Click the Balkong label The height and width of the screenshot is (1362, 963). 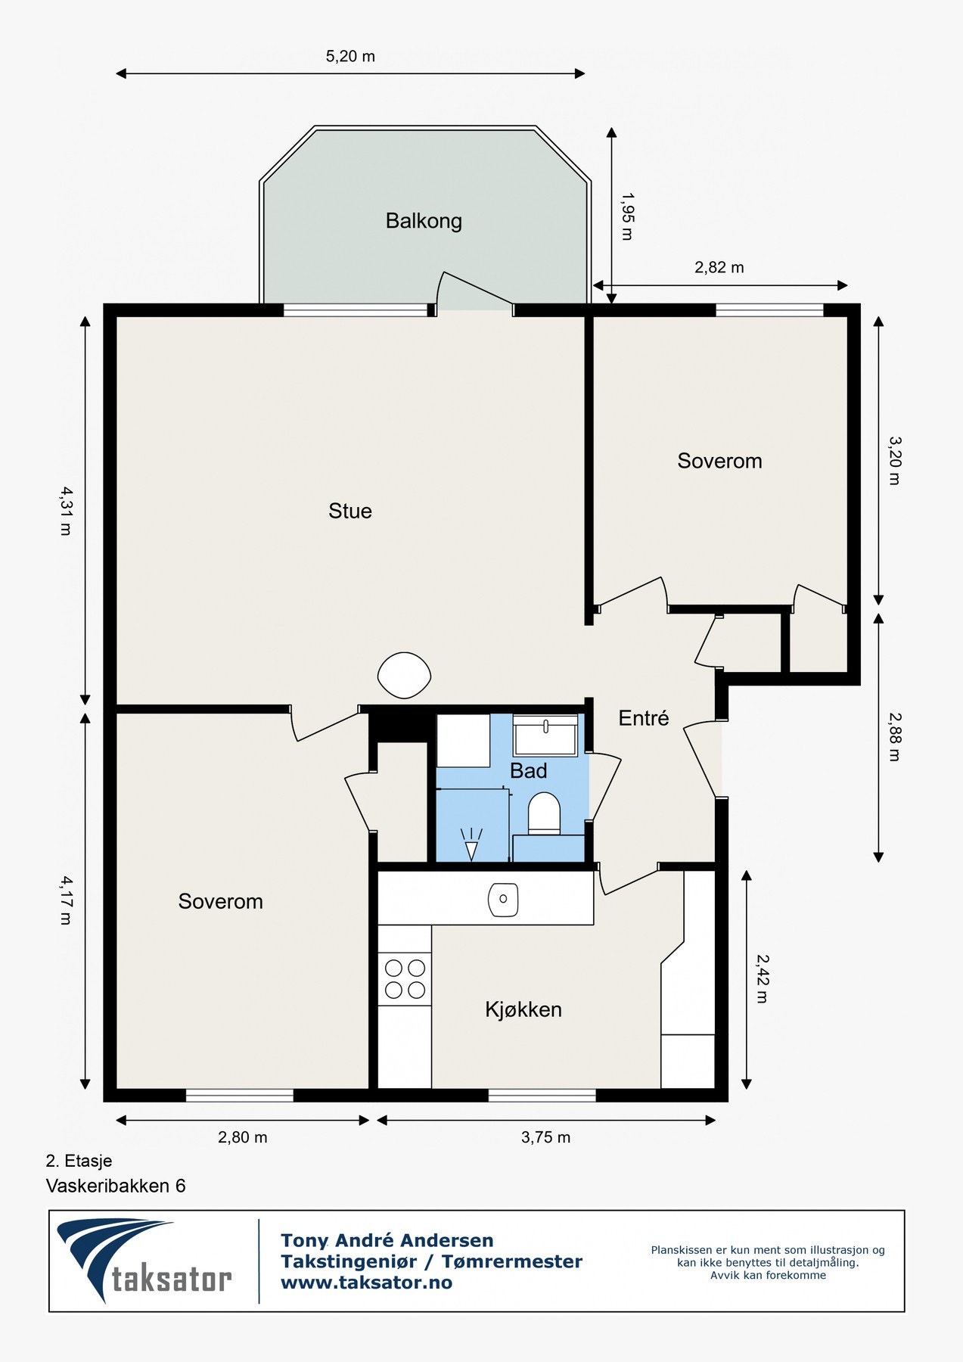click(x=423, y=221)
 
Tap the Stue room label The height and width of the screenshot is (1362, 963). click(x=349, y=511)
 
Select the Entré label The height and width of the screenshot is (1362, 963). click(x=643, y=718)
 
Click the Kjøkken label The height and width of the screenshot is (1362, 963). click(x=523, y=1009)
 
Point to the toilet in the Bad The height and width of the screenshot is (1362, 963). click(x=543, y=813)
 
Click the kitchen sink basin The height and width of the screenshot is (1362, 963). click(x=503, y=899)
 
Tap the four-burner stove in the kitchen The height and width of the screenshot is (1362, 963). click(x=405, y=978)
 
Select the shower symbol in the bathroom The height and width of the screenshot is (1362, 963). click(x=471, y=844)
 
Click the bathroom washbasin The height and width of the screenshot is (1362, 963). click(x=545, y=735)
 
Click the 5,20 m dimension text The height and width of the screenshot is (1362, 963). click(x=350, y=57)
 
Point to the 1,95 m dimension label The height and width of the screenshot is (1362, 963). click(x=627, y=216)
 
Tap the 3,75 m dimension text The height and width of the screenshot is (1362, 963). click(x=545, y=1137)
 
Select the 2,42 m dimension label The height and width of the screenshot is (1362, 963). click(x=762, y=978)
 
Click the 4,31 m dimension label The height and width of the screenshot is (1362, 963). click(x=66, y=511)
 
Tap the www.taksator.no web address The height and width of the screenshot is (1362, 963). click(x=366, y=1283)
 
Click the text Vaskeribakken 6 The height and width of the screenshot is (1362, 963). click(x=116, y=1186)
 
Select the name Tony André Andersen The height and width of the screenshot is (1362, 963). click(x=387, y=1241)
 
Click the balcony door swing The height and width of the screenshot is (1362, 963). click(x=473, y=291)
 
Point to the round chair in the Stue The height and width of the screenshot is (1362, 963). click(x=404, y=675)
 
